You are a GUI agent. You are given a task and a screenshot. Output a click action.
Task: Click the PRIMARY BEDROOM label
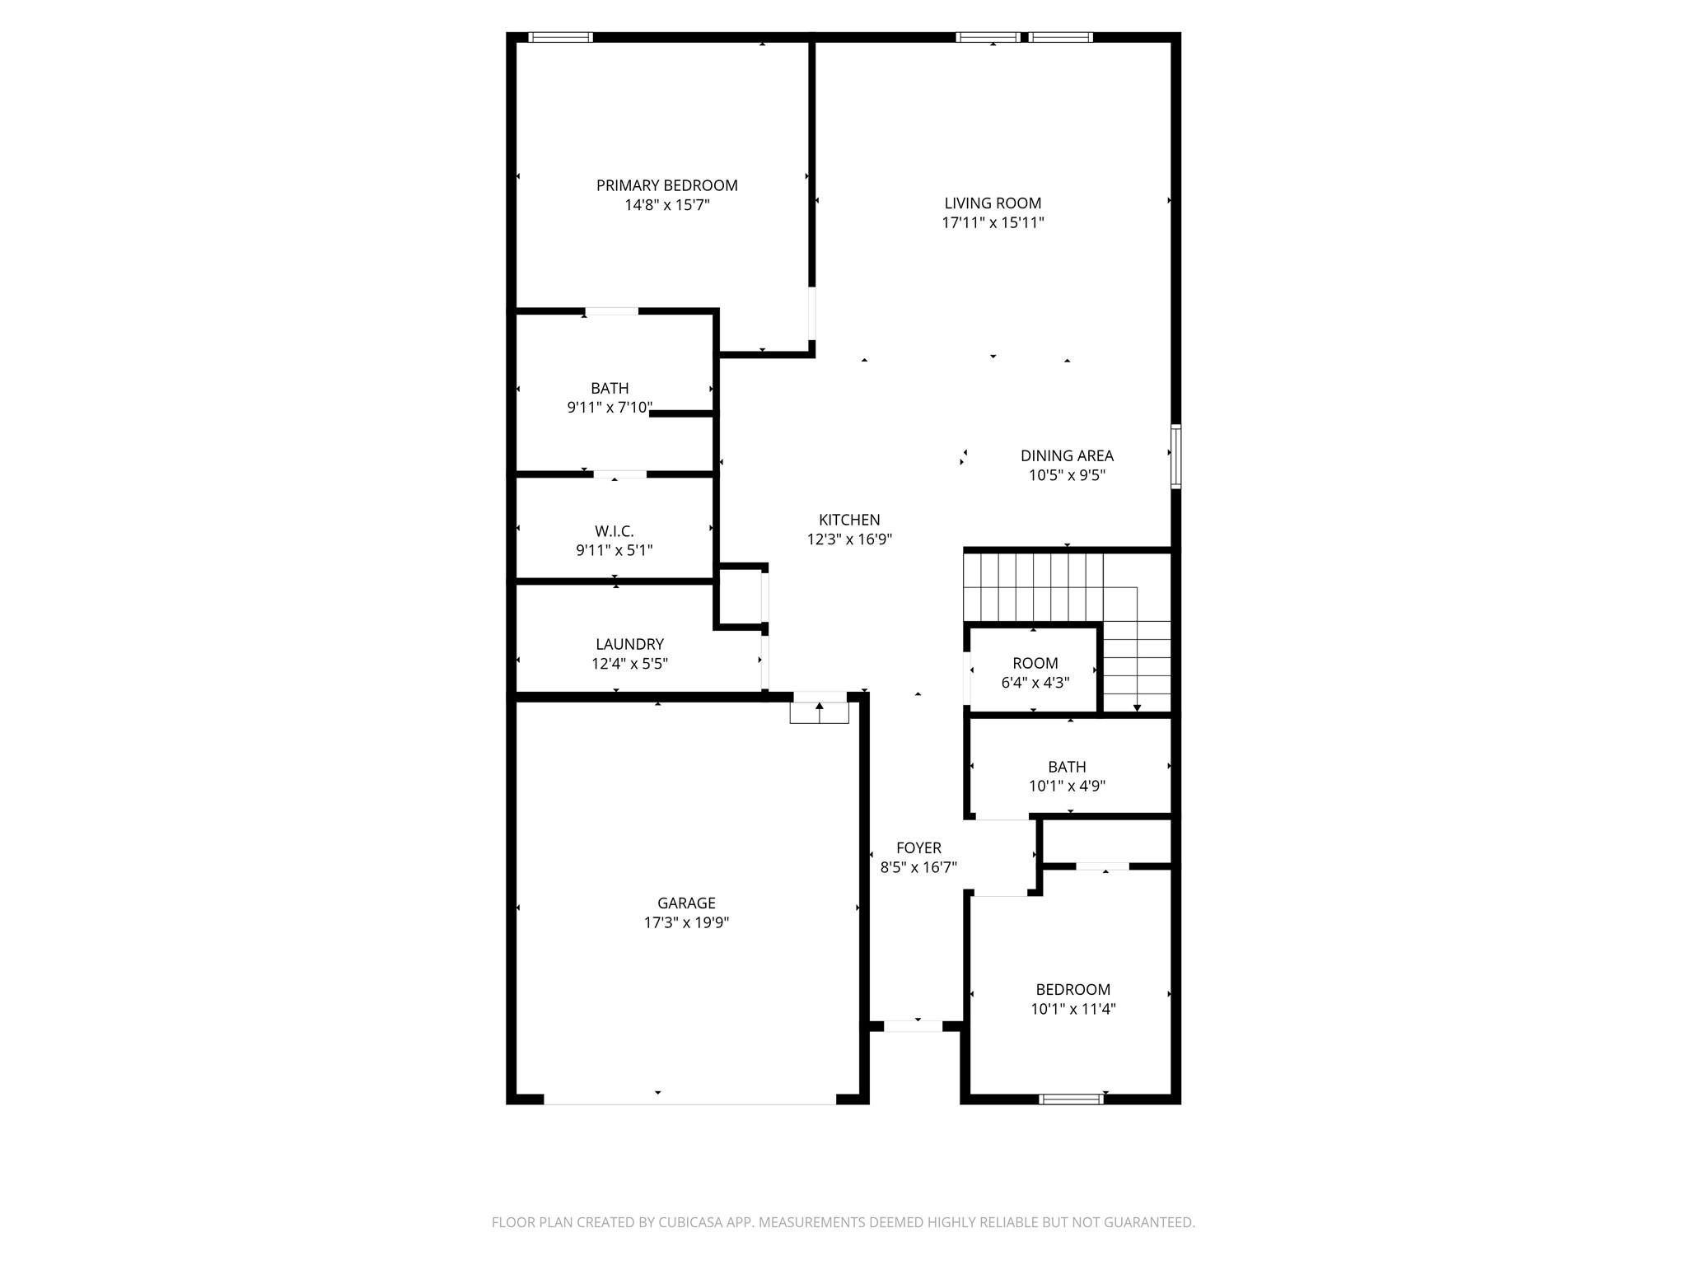tap(666, 185)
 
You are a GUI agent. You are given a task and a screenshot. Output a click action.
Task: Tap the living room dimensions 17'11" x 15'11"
tap(993, 222)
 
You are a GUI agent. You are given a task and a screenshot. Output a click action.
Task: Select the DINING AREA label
tap(1067, 455)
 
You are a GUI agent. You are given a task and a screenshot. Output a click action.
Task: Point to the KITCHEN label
tap(849, 520)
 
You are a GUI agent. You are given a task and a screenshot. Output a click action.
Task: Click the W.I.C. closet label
tap(614, 531)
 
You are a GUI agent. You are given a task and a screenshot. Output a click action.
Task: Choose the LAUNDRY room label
tap(629, 644)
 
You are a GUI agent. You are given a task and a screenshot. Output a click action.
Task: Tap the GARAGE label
tap(686, 903)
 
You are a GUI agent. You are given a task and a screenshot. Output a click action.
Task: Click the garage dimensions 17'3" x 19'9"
tap(686, 922)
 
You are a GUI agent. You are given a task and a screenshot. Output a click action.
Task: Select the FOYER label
tap(918, 847)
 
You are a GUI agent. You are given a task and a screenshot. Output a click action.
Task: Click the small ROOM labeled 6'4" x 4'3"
tap(1035, 663)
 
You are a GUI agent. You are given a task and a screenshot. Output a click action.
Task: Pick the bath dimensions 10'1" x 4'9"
tap(1067, 786)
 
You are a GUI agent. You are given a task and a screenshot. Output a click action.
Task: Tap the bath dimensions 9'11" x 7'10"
tap(610, 407)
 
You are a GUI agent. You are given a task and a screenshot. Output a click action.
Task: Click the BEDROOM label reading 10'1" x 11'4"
tap(1072, 989)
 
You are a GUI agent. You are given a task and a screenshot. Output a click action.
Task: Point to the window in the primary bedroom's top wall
tap(560, 37)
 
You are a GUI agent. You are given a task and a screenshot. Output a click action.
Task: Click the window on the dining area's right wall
tap(1175, 456)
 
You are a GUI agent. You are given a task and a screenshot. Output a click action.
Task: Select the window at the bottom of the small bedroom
tap(1071, 1099)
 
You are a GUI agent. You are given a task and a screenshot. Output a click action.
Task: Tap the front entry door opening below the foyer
tap(913, 1026)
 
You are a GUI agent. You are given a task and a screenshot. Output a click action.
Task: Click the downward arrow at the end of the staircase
tap(1137, 707)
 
